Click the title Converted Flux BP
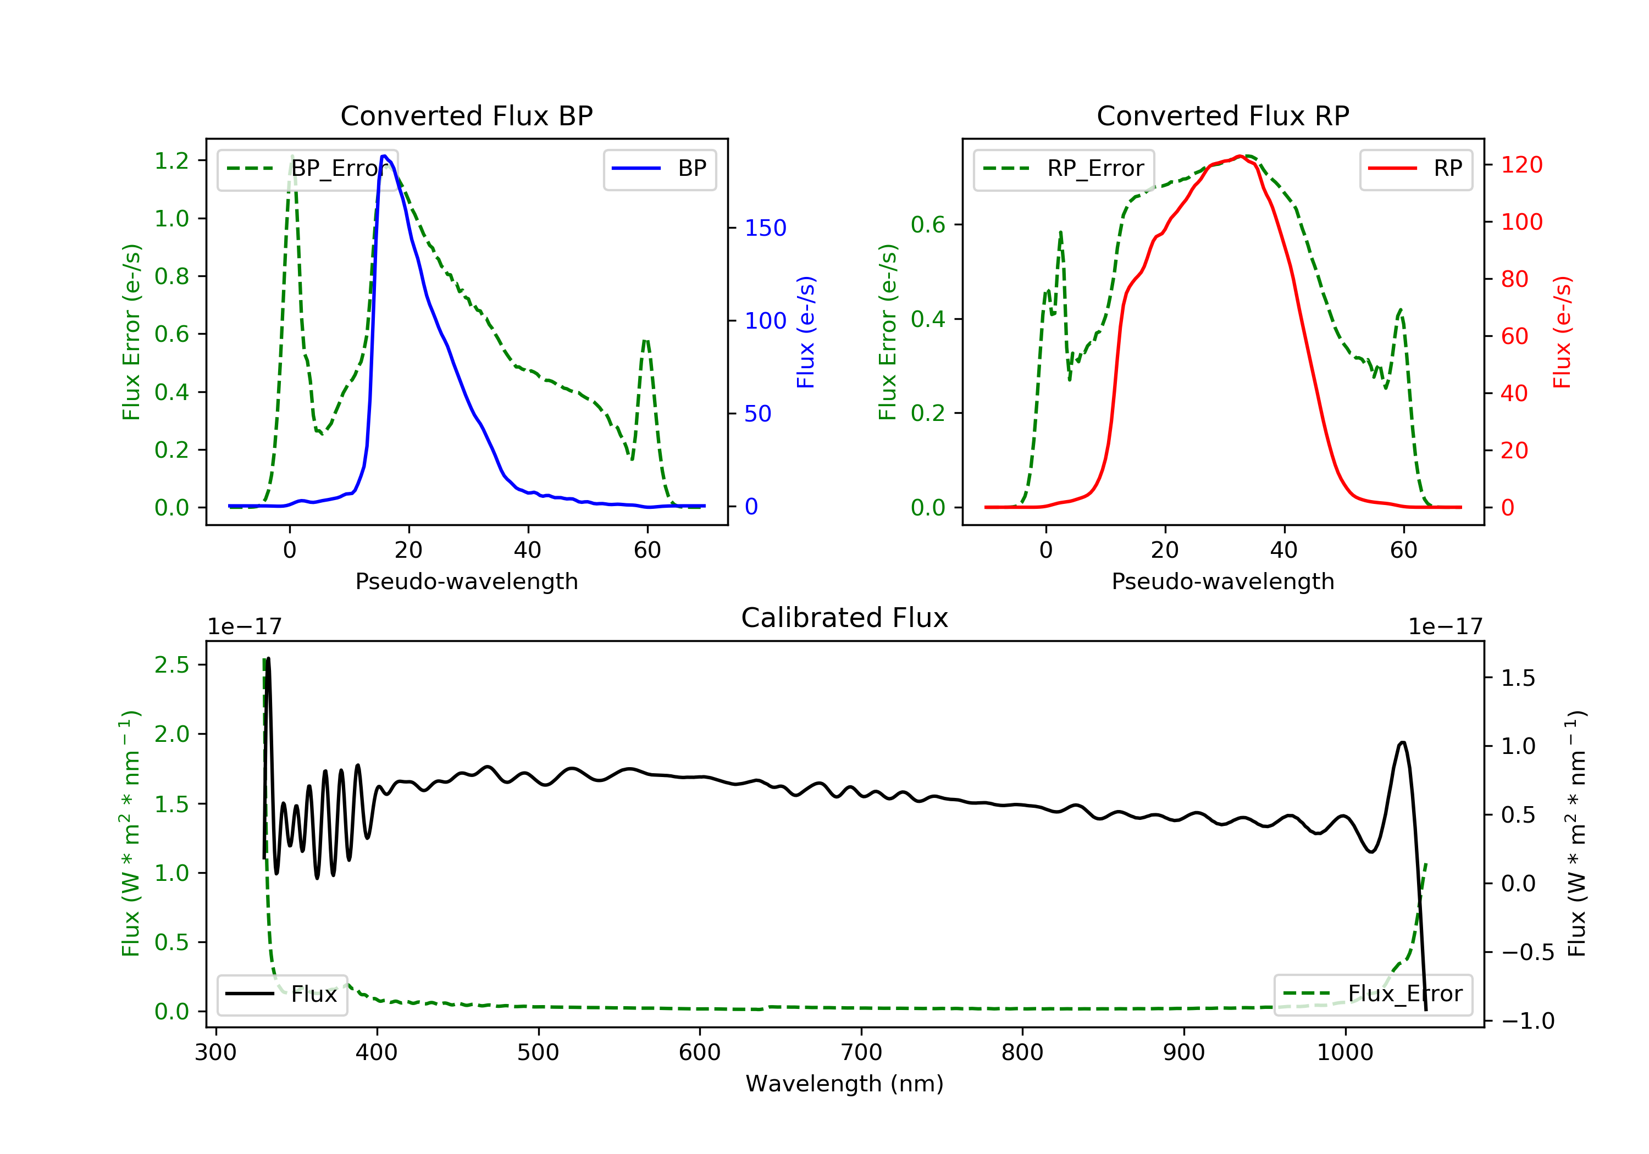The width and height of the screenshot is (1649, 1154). pos(466,115)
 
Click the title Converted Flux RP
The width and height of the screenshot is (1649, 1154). pos(1222,115)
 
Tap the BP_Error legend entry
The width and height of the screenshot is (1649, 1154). pos(307,169)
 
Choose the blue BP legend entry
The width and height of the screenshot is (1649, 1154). pos(659,169)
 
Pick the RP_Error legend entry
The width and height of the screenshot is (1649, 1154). pos(1063,169)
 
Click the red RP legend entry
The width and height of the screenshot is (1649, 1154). pos(1415,169)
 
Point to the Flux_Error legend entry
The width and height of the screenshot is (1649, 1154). pos(1373,994)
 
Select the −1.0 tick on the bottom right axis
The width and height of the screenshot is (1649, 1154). pos(1528,1020)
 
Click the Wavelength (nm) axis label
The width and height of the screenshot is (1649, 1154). pos(845,1084)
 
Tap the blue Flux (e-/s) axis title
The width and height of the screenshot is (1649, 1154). pos(806,332)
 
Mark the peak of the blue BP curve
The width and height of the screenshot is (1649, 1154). pos(385,156)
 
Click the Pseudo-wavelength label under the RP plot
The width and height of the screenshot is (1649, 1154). pos(1222,581)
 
